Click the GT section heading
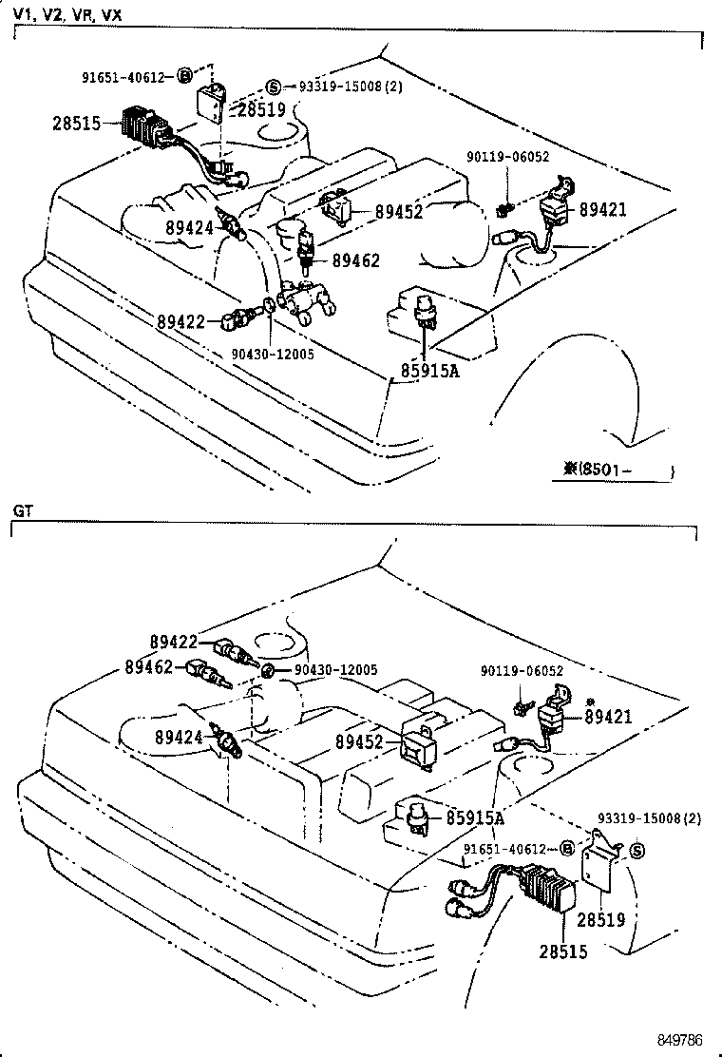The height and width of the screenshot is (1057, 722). tap(23, 510)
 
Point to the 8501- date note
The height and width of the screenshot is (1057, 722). tap(617, 469)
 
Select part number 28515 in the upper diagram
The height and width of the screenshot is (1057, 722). tap(77, 124)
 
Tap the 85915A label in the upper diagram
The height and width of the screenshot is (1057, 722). tap(427, 371)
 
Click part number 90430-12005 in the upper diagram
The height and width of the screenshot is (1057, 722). tap(272, 354)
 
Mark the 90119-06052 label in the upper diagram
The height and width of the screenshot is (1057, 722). tap(507, 157)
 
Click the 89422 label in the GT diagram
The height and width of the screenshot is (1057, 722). tap(173, 643)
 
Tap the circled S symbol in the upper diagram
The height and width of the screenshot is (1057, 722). tap(272, 86)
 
